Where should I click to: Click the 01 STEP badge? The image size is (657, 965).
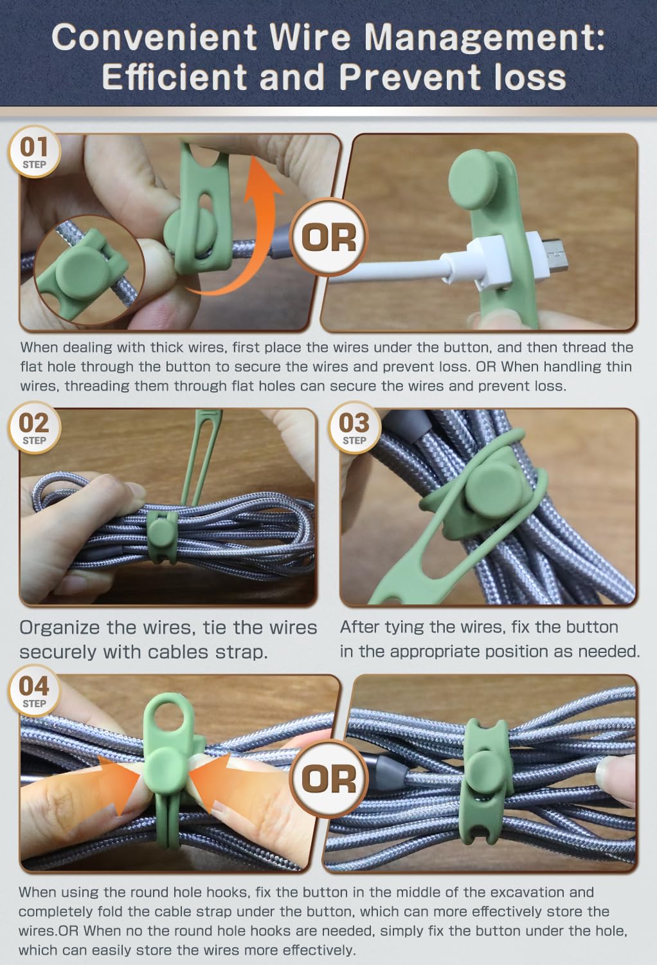tap(34, 151)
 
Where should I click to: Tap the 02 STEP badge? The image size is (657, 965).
tap(34, 427)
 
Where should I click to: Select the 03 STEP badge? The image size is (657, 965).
tap(354, 427)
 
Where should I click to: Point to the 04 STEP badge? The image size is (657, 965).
tap(34, 690)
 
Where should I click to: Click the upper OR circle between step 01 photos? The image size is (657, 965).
tap(329, 237)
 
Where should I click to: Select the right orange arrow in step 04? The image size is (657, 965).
tap(211, 780)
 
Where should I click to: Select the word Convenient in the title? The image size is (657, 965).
tap(154, 37)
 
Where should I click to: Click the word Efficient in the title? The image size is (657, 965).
tap(174, 78)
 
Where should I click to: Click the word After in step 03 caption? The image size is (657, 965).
tap(359, 627)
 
